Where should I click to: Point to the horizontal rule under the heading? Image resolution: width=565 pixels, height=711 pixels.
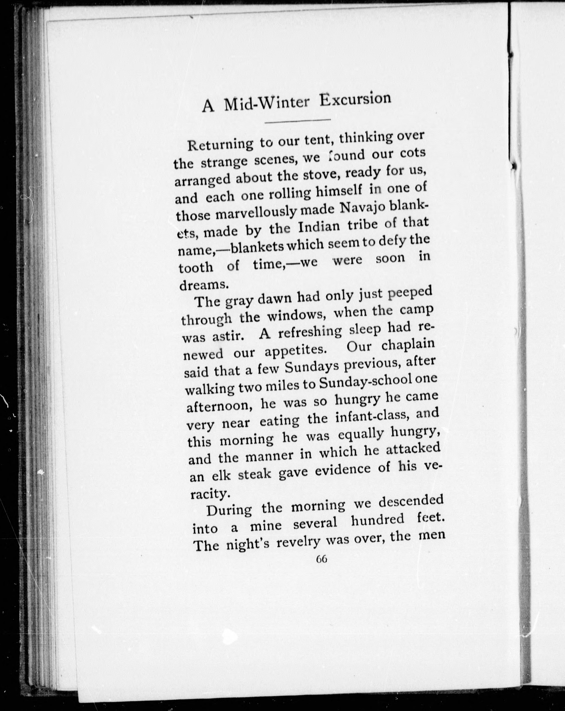click(297, 121)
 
